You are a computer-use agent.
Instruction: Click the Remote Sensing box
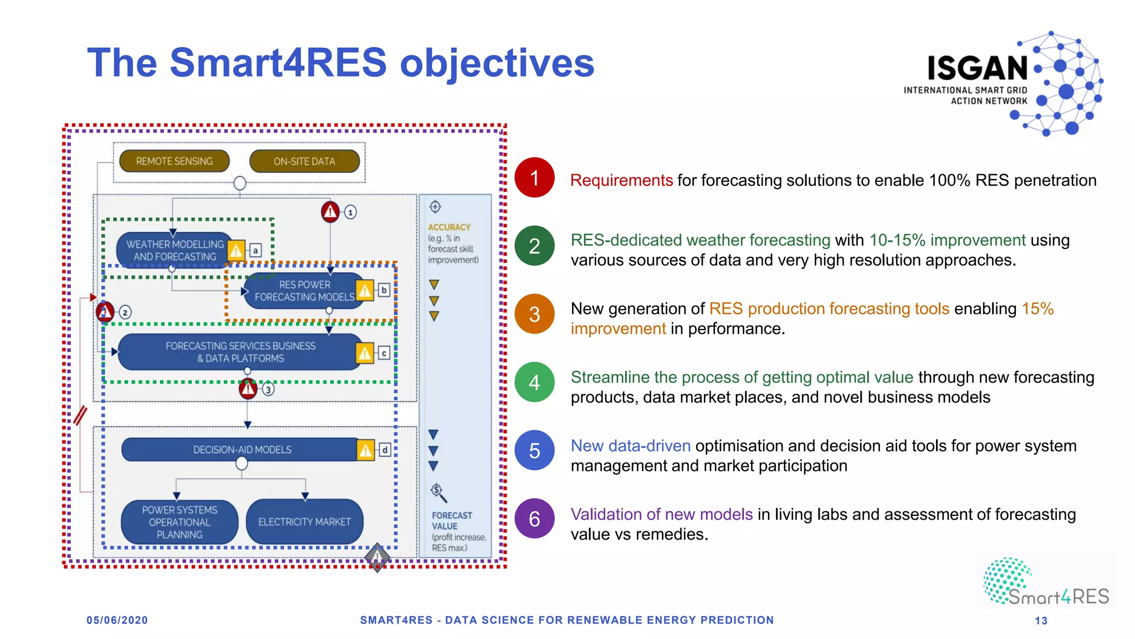click(x=174, y=161)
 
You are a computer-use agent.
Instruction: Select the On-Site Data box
click(x=304, y=161)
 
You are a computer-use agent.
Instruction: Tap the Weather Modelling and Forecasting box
click(x=174, y=250)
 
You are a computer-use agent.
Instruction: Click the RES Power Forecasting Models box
click(x=304, y=291)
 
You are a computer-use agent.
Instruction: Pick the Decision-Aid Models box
click(x=242, y=450)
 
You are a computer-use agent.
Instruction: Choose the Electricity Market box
click(x=304, y=522)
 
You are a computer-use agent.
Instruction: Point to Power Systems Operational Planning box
click(x=180, y=522)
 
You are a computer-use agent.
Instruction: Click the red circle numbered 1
click(x=534, y=178)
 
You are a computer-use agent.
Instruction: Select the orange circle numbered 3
click(x=534, y=314)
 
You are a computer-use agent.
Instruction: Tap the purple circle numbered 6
click(x=534, y=519)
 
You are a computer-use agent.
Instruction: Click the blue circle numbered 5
click(x=534, y=450)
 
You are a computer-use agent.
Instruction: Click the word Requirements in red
click(x=621, y=180)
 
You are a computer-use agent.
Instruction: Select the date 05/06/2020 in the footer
click(x=117, y=620)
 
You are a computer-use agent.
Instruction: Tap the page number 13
click(x=1041, y=621)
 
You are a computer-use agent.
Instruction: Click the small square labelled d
click(x=385, y=450)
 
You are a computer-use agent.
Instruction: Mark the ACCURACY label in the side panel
click(x=449, y=227)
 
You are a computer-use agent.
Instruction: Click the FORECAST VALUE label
click(x=452, y=521)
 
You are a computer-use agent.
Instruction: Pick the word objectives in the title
click(x=497, y=63)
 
